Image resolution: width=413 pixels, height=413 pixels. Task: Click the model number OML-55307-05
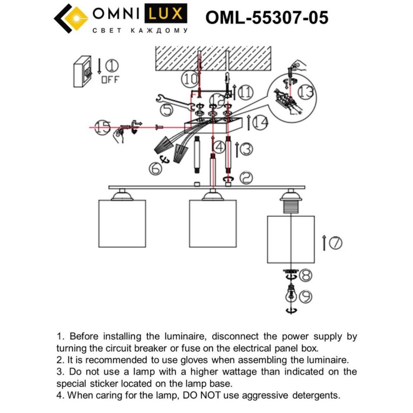coord(267,18)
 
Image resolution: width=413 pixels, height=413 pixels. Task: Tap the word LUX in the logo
coord(166,14)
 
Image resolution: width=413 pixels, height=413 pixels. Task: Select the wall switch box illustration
coord(82,72)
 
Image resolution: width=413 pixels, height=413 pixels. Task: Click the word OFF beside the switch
coord(110,80)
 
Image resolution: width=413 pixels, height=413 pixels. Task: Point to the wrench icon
coord(172,102)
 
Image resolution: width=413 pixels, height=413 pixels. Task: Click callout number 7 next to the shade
coord(336,243)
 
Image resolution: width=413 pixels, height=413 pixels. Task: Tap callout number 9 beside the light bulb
coord(305,296)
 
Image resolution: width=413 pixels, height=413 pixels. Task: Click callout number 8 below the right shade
coord(306,275)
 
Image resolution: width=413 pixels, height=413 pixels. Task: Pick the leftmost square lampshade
coord(122,223)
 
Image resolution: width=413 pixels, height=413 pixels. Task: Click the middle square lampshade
coord(213,223)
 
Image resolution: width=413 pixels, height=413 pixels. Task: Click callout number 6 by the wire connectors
coord(155,168)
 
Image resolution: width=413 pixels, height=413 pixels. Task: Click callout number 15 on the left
coord(103,127)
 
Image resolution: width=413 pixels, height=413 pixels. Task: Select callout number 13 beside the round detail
coord(305,92)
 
